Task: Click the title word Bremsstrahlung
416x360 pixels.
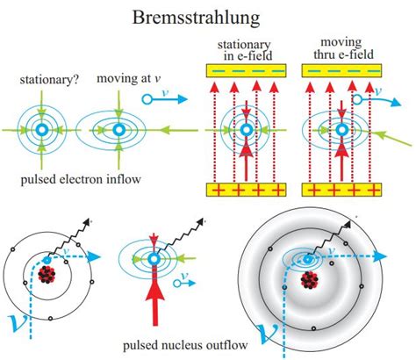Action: click(208, 17)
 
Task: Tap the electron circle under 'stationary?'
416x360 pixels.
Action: click(40, 130)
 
